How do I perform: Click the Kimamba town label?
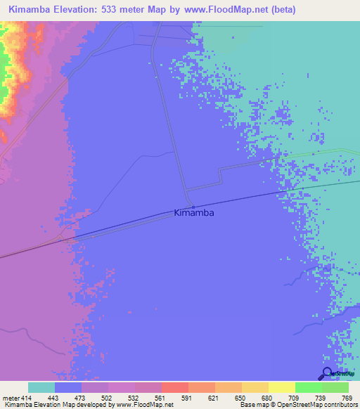click(193, 212)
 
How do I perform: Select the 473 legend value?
click(81, 398)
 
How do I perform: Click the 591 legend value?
click(187, 398)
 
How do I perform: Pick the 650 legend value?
click(241, 398)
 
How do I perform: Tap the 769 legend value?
click(347, 398)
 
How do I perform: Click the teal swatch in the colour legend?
click(41, 387)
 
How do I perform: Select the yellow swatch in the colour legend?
click(281, 387)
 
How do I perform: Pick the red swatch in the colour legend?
click(174, 387)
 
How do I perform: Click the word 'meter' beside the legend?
click(11, 398)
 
